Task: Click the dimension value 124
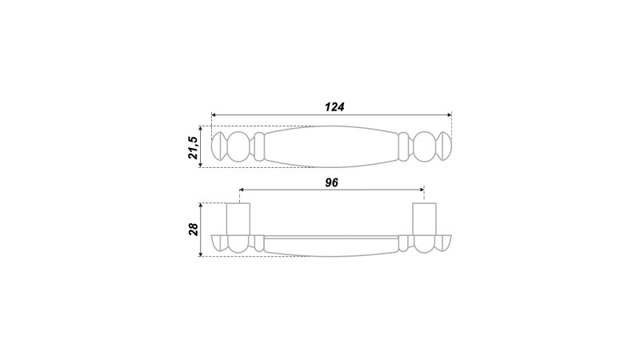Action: pyautogui.click(x=334, y=107)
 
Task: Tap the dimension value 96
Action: pyautogui.click(x=332, y=182)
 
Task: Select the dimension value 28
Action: pyautogui.click(x=194, y=229)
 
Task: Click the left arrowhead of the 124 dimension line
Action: pyautogui.click(x=214, y=114)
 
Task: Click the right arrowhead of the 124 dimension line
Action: pyautogui.click(x=449, y=114)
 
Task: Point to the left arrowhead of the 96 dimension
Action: pyautogui.click(x=242, y=190)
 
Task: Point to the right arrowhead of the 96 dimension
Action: pyautogui.click(x=422, y=190)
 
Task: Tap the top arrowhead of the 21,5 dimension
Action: pyautogui.click(x=201, y=129)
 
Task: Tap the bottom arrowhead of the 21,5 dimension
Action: pyautogui.click(x=201, y=165)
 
